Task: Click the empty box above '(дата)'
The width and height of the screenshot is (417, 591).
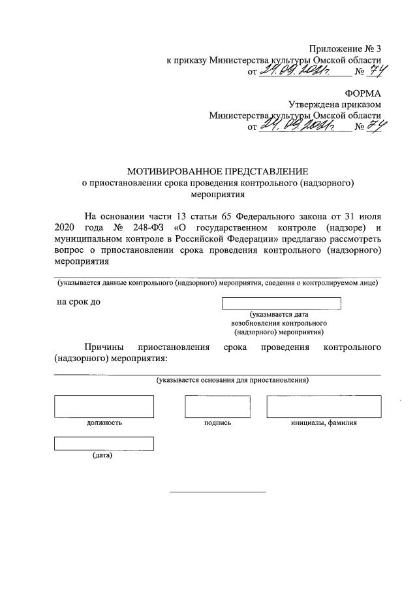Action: (104, 443)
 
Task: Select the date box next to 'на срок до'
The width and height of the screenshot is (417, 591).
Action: (281, 303)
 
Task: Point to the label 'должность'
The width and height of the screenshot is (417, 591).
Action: (104, 423)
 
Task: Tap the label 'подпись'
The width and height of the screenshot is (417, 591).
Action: (217, 423)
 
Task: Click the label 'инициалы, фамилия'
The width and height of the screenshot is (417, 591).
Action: (324, 423)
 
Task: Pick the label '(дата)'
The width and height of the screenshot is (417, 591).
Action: (102, 455)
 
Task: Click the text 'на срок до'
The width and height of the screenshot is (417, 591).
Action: (79, 302)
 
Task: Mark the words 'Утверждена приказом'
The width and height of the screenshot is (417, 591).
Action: (335, 104)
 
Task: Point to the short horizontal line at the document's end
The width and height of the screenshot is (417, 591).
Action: (217, 491)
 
